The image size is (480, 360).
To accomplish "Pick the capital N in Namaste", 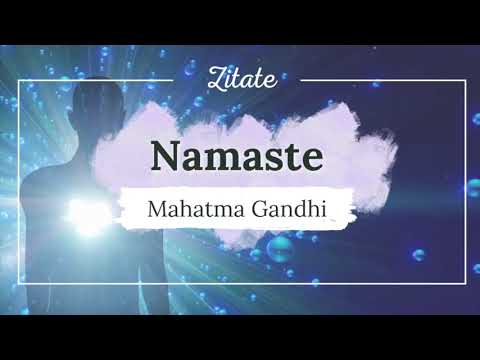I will pos(166,156).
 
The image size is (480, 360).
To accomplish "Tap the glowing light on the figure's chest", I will pos(83,215).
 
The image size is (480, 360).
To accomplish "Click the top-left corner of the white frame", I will pos(16,79).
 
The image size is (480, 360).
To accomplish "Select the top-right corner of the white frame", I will pos(464,79).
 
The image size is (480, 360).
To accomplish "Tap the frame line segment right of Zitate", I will pos(380,79).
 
